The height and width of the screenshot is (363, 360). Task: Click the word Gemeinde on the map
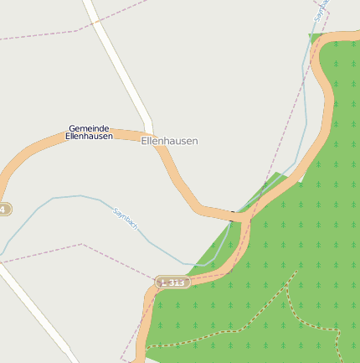89,128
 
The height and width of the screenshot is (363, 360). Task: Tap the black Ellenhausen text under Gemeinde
89,136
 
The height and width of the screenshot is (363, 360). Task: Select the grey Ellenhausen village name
170,142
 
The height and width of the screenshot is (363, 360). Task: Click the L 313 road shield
172,283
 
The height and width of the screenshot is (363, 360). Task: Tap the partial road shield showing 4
4,209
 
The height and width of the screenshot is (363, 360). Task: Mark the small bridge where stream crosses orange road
233,214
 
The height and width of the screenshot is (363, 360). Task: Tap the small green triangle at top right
315,37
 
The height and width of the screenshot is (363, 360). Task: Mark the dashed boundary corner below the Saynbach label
82,244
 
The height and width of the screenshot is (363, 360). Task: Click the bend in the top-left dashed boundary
80,30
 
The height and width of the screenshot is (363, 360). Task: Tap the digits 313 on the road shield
176,283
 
